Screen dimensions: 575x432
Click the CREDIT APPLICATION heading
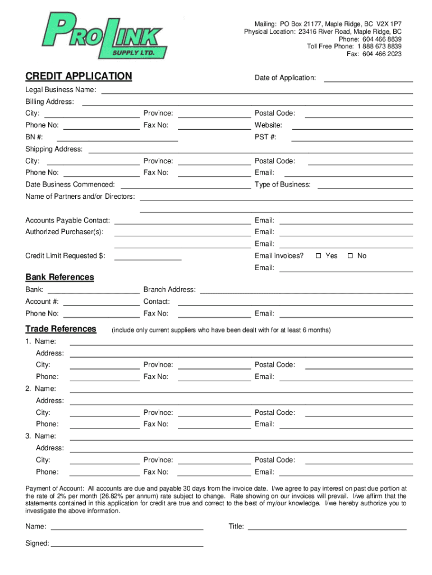(79, 76)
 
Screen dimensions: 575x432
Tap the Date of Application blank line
(368, 78)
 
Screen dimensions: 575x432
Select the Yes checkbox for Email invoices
(318, 256)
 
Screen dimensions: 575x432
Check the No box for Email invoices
(350, 256)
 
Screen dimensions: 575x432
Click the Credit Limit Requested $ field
(148, 257)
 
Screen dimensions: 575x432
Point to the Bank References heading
(59, 277)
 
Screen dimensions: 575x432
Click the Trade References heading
(61, 329)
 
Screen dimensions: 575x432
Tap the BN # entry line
(117, 137)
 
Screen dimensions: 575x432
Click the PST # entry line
(352, 137)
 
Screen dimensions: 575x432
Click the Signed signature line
(127, 543)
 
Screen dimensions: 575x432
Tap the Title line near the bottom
(327, 527)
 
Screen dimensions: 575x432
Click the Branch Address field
(306, 290)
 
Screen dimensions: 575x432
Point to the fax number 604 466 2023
(382, 54)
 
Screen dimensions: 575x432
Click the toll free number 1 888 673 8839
(379, 47)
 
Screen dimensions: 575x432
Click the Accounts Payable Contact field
(182, 221)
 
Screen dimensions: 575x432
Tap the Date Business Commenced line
(185, 185)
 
